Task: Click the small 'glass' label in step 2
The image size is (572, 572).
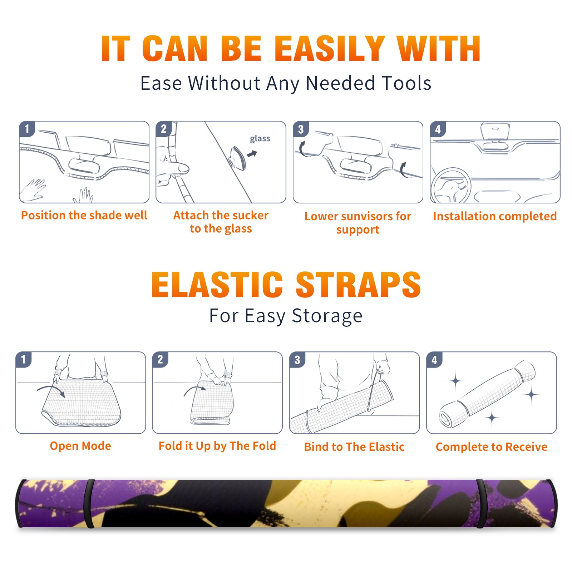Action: pos(260,139)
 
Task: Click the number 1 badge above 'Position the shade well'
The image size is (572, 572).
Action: pos(27,129)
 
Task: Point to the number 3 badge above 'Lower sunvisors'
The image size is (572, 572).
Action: pos(301,129)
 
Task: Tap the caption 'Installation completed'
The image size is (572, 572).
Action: pos(495,216)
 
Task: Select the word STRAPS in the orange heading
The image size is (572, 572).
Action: pos(358,285)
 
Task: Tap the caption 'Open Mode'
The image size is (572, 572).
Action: pos(80,446)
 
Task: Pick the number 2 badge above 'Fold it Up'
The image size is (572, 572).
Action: pos(160,359)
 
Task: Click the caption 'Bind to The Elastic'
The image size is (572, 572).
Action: pos(354,447)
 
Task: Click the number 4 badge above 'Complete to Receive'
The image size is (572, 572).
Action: pos(434,360)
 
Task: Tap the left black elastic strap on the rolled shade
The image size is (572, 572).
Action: pos(89,504)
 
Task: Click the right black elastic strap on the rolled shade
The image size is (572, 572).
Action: pos(481,504)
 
